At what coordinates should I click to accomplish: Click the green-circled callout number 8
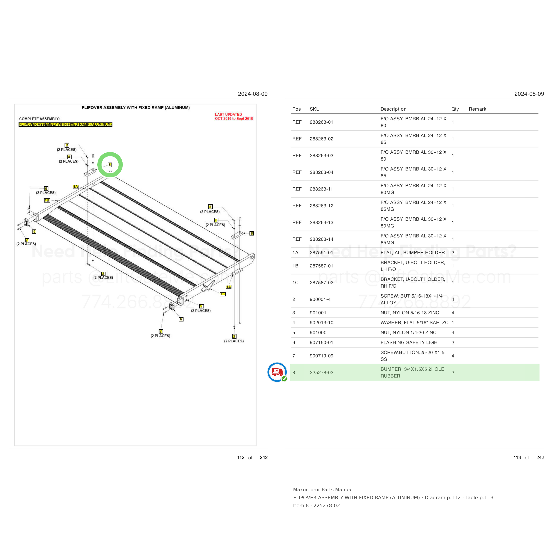tap(110, 165)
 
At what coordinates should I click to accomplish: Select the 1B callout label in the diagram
tap(47, 200)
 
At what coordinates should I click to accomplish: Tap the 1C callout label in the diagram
tap(223, 294)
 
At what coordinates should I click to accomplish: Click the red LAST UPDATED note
tap(234, 117)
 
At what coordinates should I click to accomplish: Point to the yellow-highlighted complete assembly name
tap(65, 125)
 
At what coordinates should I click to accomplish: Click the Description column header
tap(393, 109)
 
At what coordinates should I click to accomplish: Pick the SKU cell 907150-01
tap(321, 343)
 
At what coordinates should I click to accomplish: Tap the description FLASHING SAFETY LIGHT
tap(410, 343)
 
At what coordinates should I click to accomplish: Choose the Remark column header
tap(477, 109)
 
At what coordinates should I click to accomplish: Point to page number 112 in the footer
tap(241, 457)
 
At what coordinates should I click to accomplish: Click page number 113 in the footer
tap(517, 457)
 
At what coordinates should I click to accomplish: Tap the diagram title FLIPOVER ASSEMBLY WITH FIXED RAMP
tap(136, 108)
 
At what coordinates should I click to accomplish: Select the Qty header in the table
tap(455, 109)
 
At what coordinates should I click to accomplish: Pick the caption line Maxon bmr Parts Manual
tap(323, 490)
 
